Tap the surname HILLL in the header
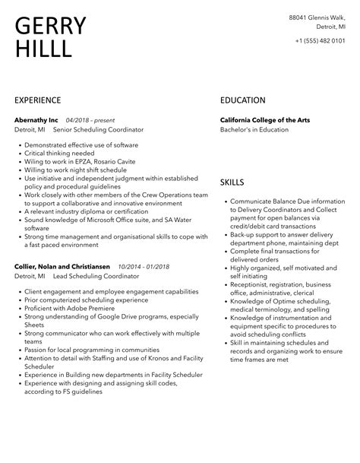click(x=43, y=50)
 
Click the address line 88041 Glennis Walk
click(x=318, y=17)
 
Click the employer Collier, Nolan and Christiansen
click(x=62, y=267)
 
